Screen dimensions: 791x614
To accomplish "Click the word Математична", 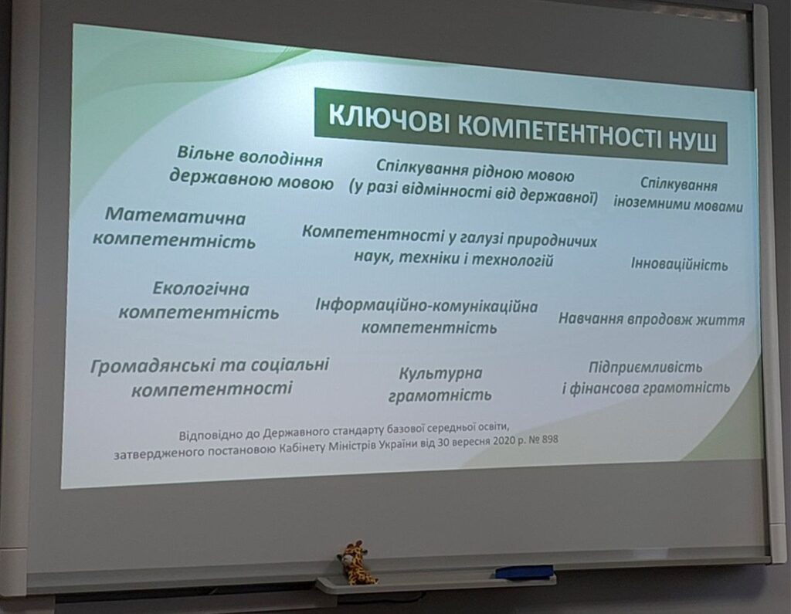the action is (x=175, y=216).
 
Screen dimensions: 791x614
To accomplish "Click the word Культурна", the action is (x=441, y=373).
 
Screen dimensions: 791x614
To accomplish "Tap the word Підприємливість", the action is (x=645, y=367).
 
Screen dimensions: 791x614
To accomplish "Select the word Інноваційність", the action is (x=680, y=264).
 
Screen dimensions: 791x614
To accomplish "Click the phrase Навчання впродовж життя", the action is (x=651, y=319).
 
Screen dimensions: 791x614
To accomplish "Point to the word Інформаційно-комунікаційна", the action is (x=426, y=306).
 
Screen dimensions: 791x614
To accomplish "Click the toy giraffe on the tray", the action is (x=355, y=562).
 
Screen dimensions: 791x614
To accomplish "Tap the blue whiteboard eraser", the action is (x=525, y=572).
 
